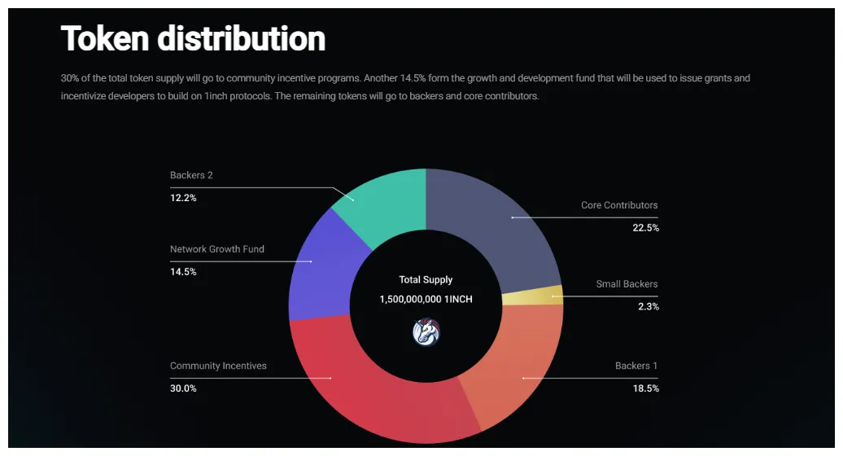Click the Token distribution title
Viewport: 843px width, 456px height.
coord(193,38)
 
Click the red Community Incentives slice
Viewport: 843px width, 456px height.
coord(366,383)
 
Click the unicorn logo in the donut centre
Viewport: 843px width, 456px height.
coord(426,332)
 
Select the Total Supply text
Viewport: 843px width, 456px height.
coord(426,279)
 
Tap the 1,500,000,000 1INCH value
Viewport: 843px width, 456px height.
coord(426,299)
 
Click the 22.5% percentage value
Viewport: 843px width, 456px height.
coord(645,228)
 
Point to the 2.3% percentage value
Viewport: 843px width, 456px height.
coord(649,307)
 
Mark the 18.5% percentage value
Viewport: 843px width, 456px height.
coord(645,388)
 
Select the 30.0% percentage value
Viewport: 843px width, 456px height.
coord(183,388)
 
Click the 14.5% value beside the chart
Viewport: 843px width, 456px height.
coord(183,272)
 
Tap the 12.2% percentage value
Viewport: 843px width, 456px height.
coord(183,198)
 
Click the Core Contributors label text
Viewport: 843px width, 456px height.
coord(619,205)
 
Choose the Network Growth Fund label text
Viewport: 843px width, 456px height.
coord(217,249)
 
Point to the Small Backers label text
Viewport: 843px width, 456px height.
coord(627,284)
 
